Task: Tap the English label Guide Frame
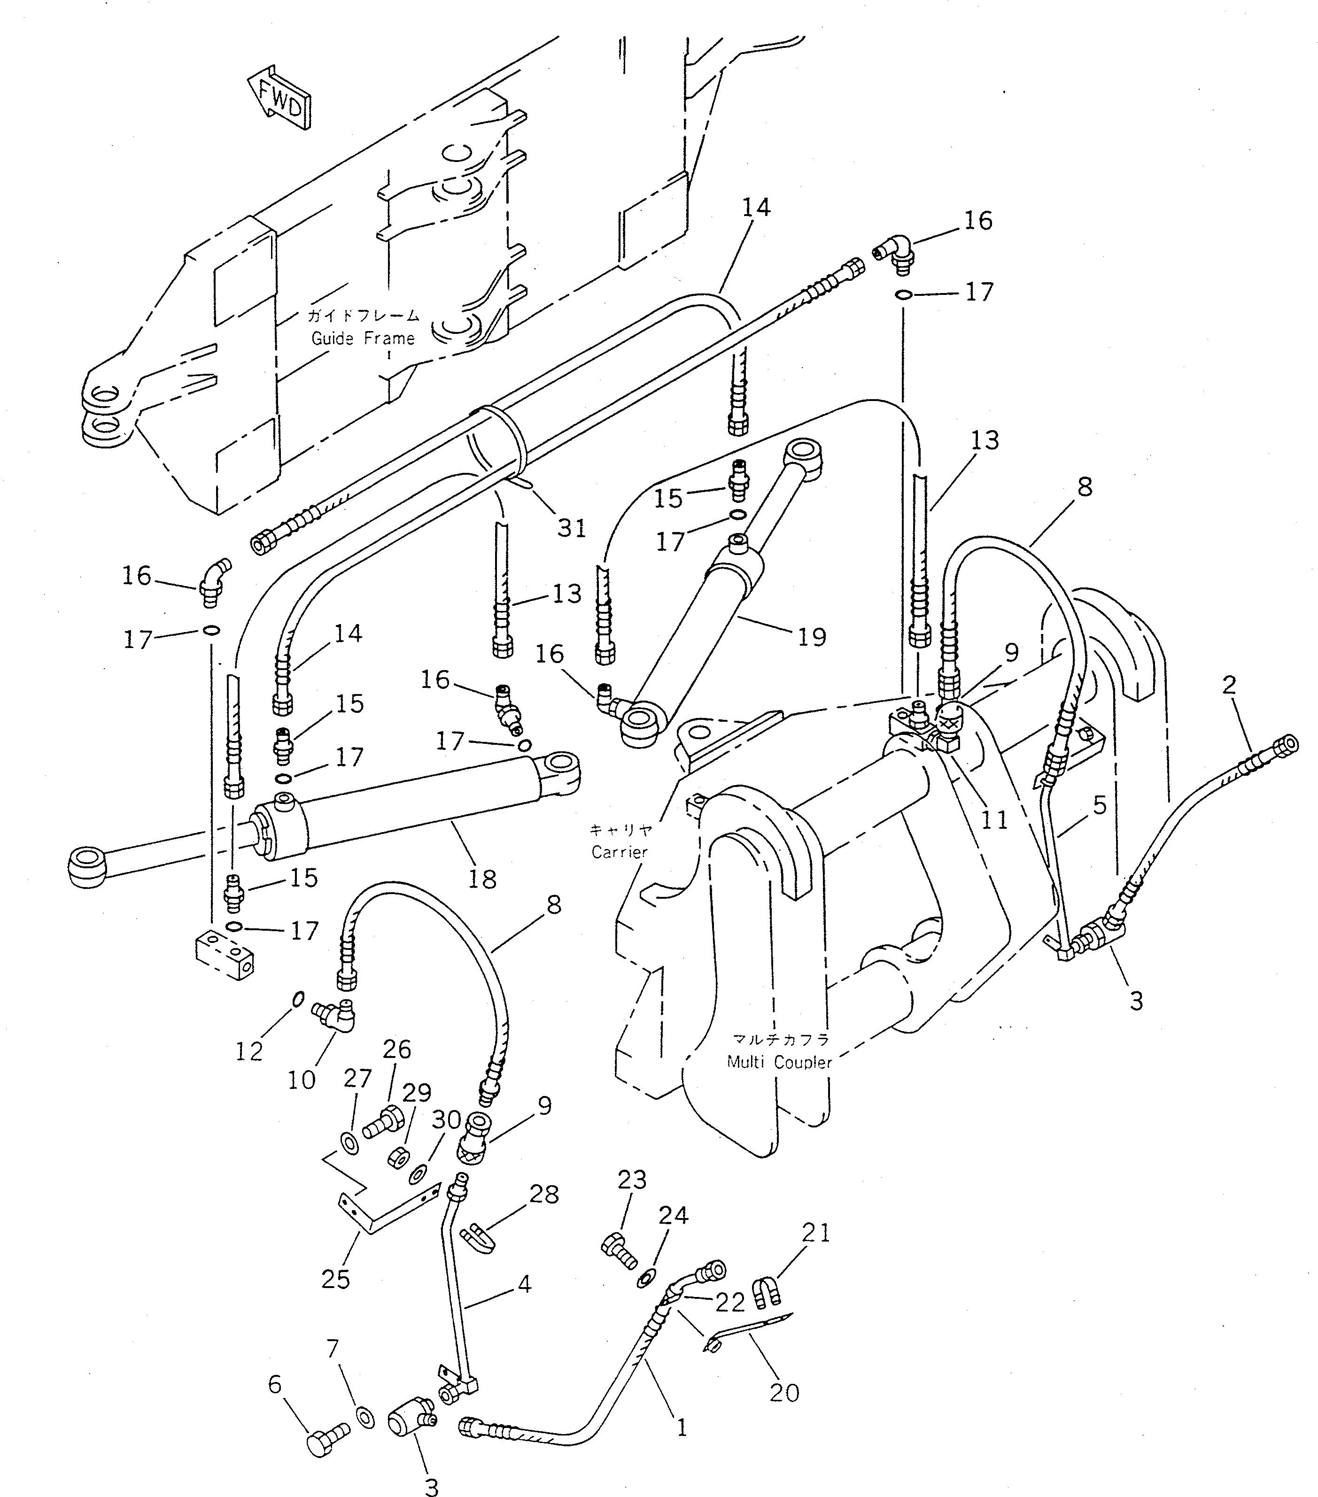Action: click(x=363, y=339)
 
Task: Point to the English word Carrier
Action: click(x=620, y=852)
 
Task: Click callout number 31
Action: click(x=572, y=528)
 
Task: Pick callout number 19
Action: click(x=812, y=636)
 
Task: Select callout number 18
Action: click(x=482, y=879)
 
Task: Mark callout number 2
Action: click(x=1229, y=685)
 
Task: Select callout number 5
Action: click(x=1100, y=806)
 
